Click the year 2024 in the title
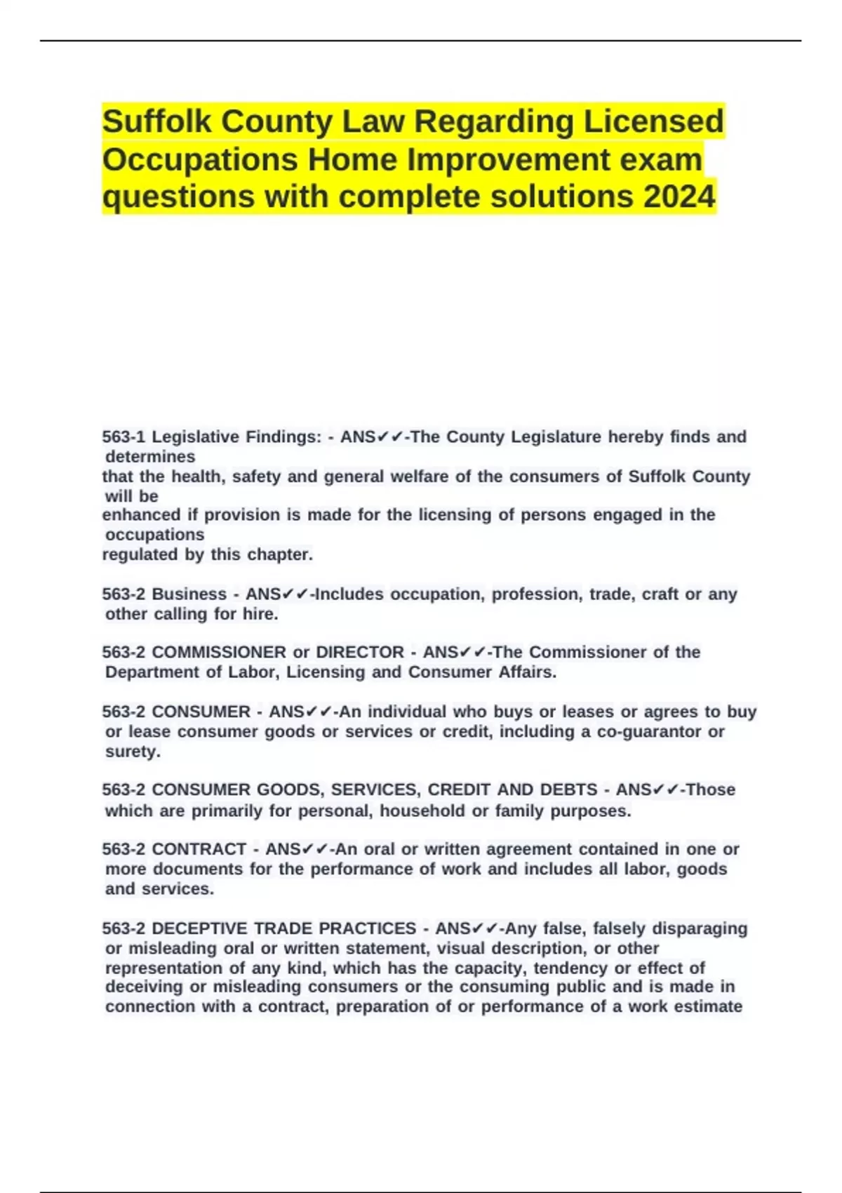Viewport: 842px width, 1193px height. pos(679,196)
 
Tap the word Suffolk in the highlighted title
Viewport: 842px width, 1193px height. pos(157,121)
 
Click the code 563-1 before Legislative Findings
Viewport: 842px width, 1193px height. pos(123,436)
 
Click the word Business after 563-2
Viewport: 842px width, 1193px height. pos(189,594)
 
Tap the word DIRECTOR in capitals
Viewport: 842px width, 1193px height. pos(360,652)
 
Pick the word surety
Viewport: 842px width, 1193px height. pos(133,751)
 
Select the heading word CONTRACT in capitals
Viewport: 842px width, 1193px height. pos(199,849)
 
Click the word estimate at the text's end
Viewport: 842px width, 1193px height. pos(707,1006)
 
